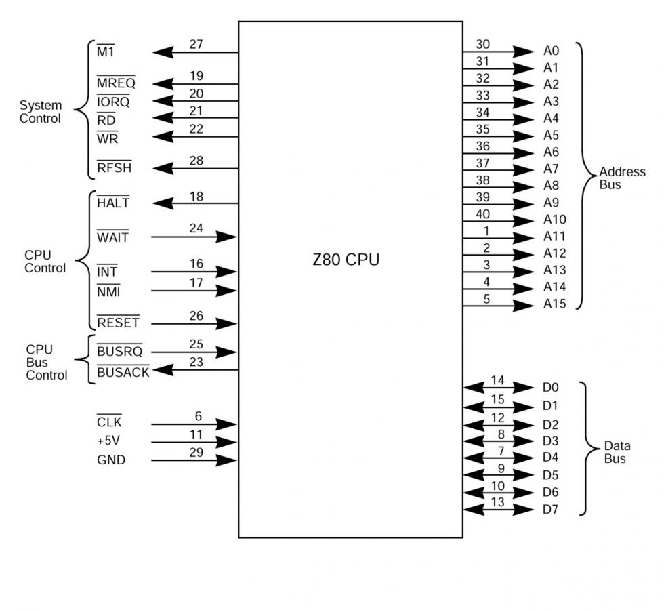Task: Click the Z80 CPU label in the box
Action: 346,260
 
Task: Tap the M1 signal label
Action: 106,52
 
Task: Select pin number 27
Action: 196,45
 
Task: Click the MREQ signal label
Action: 116,84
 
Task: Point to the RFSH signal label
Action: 114,169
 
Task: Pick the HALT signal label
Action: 112,203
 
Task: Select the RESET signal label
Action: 118,323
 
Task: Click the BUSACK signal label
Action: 123,372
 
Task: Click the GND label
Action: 111,460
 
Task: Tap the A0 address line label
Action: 551,52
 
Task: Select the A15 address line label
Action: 554,304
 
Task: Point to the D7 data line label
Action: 550,509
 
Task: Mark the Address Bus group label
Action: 622,178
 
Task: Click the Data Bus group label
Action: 617,452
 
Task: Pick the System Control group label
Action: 40,112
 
